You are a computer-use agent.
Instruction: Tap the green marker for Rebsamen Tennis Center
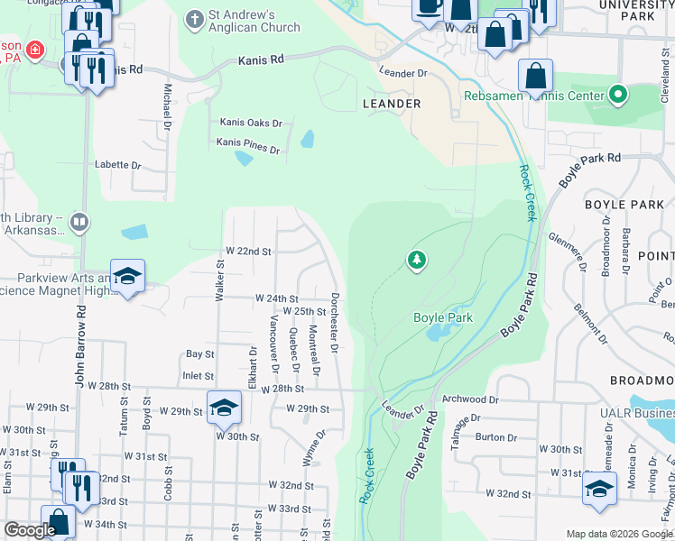[618, 94]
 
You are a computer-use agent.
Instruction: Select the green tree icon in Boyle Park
[416, 261]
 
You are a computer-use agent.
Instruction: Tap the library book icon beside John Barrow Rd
[79, 222]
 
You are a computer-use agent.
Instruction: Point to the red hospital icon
[34, 50]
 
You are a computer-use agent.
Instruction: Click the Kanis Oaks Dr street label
[251, 123]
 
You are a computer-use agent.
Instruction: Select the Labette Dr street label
[118, 165]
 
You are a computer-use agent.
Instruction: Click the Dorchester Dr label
[334, 322]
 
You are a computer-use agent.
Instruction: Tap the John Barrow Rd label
[80, 345]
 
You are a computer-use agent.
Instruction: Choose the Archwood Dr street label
[470, 399]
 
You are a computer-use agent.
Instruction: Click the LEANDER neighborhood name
[392, 104]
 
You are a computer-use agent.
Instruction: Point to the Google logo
[30, 530]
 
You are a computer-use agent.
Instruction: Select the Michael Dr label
[167, 105]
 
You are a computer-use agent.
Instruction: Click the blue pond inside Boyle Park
[437, 333]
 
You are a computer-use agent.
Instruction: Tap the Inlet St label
[198, 376]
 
